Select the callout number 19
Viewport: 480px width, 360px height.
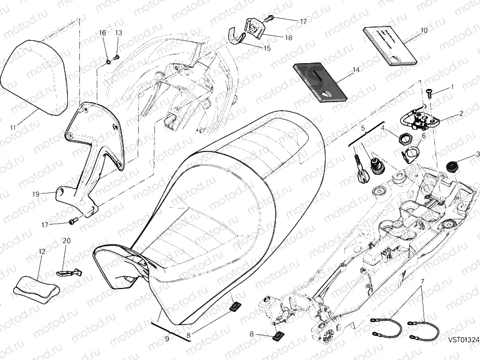35,194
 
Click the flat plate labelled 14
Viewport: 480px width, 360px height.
321,82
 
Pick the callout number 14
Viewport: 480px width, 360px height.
356,70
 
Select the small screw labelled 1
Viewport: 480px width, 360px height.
430,92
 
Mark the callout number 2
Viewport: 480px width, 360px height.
461,113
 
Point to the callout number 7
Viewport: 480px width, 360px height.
422,281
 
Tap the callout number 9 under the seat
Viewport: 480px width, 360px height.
167,340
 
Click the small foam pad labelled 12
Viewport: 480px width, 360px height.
37,285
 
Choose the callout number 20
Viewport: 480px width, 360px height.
67,240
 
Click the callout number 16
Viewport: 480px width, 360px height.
102,32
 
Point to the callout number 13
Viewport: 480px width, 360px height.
118,32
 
